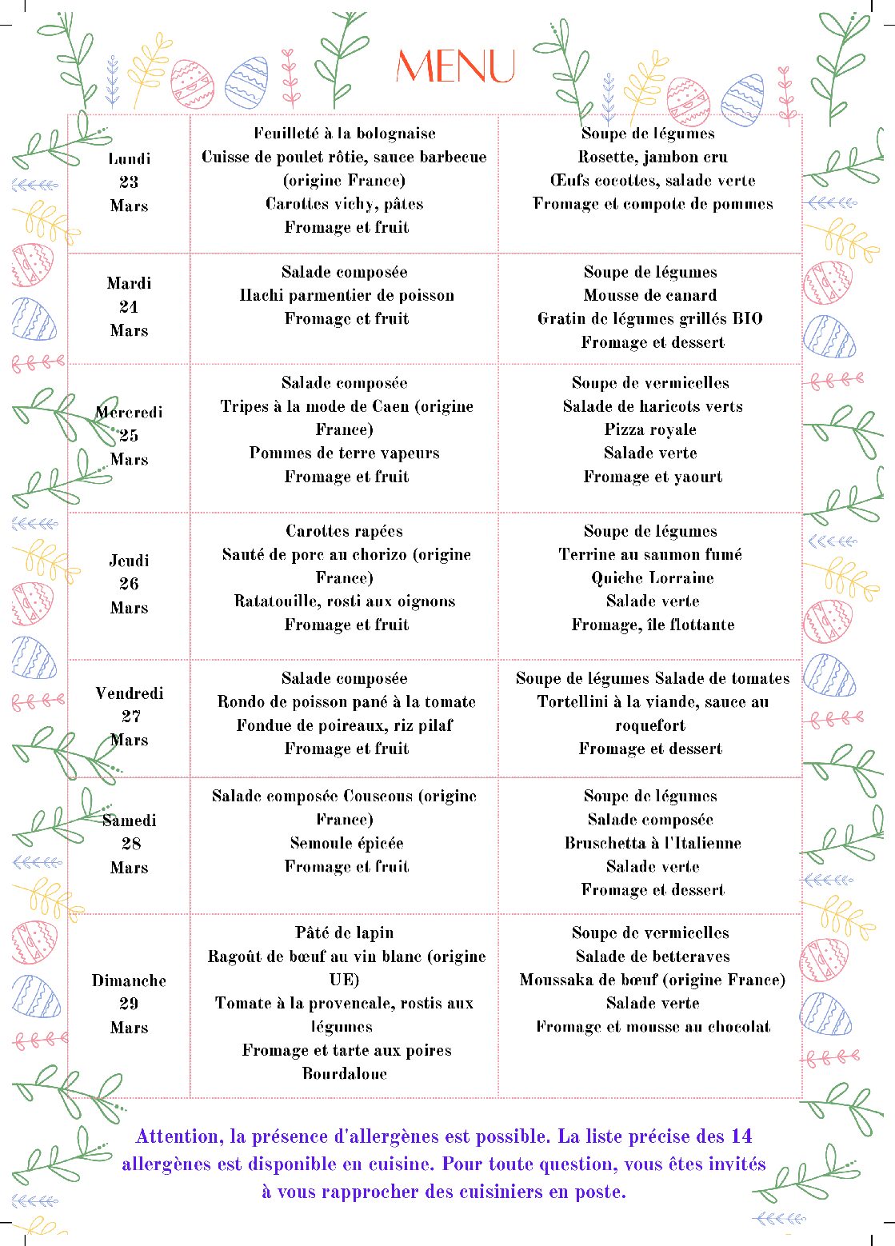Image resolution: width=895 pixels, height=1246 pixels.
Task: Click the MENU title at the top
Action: click(455, 66)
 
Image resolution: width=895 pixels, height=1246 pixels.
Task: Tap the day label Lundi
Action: click(130, 159)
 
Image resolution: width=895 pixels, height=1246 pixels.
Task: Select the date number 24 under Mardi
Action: click(129, 307)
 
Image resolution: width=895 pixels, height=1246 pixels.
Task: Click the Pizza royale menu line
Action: click(650, 429)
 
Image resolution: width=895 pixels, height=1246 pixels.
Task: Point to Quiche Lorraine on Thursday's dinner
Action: click(653, 577)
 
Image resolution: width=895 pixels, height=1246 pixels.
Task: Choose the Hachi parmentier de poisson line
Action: click(346, 295)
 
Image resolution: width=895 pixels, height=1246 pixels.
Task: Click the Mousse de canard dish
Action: click(650, 295)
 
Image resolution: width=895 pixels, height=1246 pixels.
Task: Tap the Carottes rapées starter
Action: click(344, 531)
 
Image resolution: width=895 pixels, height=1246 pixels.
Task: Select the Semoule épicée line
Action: click(346, 843)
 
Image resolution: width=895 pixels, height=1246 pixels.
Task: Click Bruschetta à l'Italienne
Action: click(653, 843)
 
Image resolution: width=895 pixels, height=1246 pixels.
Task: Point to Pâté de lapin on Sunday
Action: click(344, 933)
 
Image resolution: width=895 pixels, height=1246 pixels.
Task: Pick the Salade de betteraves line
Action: click(653, 956)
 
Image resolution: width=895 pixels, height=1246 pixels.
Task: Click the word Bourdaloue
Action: click(344, 1073)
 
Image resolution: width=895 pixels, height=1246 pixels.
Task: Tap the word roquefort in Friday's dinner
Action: click(650, 725)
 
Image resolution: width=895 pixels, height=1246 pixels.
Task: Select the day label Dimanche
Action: click(129, 980)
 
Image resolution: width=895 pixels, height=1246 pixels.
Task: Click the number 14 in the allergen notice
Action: click(741, 1136)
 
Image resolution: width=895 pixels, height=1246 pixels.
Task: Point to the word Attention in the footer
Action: click(179, 1136)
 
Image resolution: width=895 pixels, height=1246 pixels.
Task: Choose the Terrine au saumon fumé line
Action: click(650, 554)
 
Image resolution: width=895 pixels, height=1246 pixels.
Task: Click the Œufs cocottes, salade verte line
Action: click(653, 180)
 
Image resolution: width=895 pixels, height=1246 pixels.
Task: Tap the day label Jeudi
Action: click(129, 561)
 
